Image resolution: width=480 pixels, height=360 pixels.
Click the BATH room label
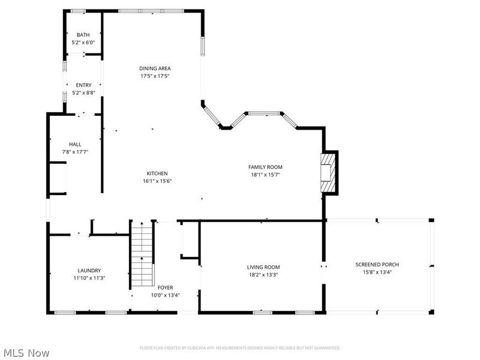[x=83, y=35]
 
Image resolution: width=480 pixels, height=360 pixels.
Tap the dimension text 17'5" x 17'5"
[x=155, y=76]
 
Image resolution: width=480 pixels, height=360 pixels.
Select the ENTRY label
[x=83, y=85]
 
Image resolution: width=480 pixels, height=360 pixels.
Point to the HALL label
[x=75, y=144]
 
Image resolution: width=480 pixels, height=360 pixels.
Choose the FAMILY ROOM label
[x=265, y=167]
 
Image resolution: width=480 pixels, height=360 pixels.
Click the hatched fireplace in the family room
[x=328, y=172]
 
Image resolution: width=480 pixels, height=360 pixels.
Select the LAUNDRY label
[x=89, y=270]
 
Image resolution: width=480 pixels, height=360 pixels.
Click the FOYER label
[x=165, y=287]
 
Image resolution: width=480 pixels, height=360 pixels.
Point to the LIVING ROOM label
[x=263, y=267]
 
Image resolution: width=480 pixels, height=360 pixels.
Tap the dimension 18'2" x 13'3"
[x=263, y=274]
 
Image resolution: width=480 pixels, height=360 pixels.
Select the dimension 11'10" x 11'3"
[x=89, y=278]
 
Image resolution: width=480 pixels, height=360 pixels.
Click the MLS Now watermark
[x=28, y=353]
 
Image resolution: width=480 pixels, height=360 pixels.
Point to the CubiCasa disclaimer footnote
[x=240, y=347]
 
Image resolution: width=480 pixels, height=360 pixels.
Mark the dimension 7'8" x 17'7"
[x=75, y=151]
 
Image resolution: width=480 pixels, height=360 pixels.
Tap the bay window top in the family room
[x=265, y=112]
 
